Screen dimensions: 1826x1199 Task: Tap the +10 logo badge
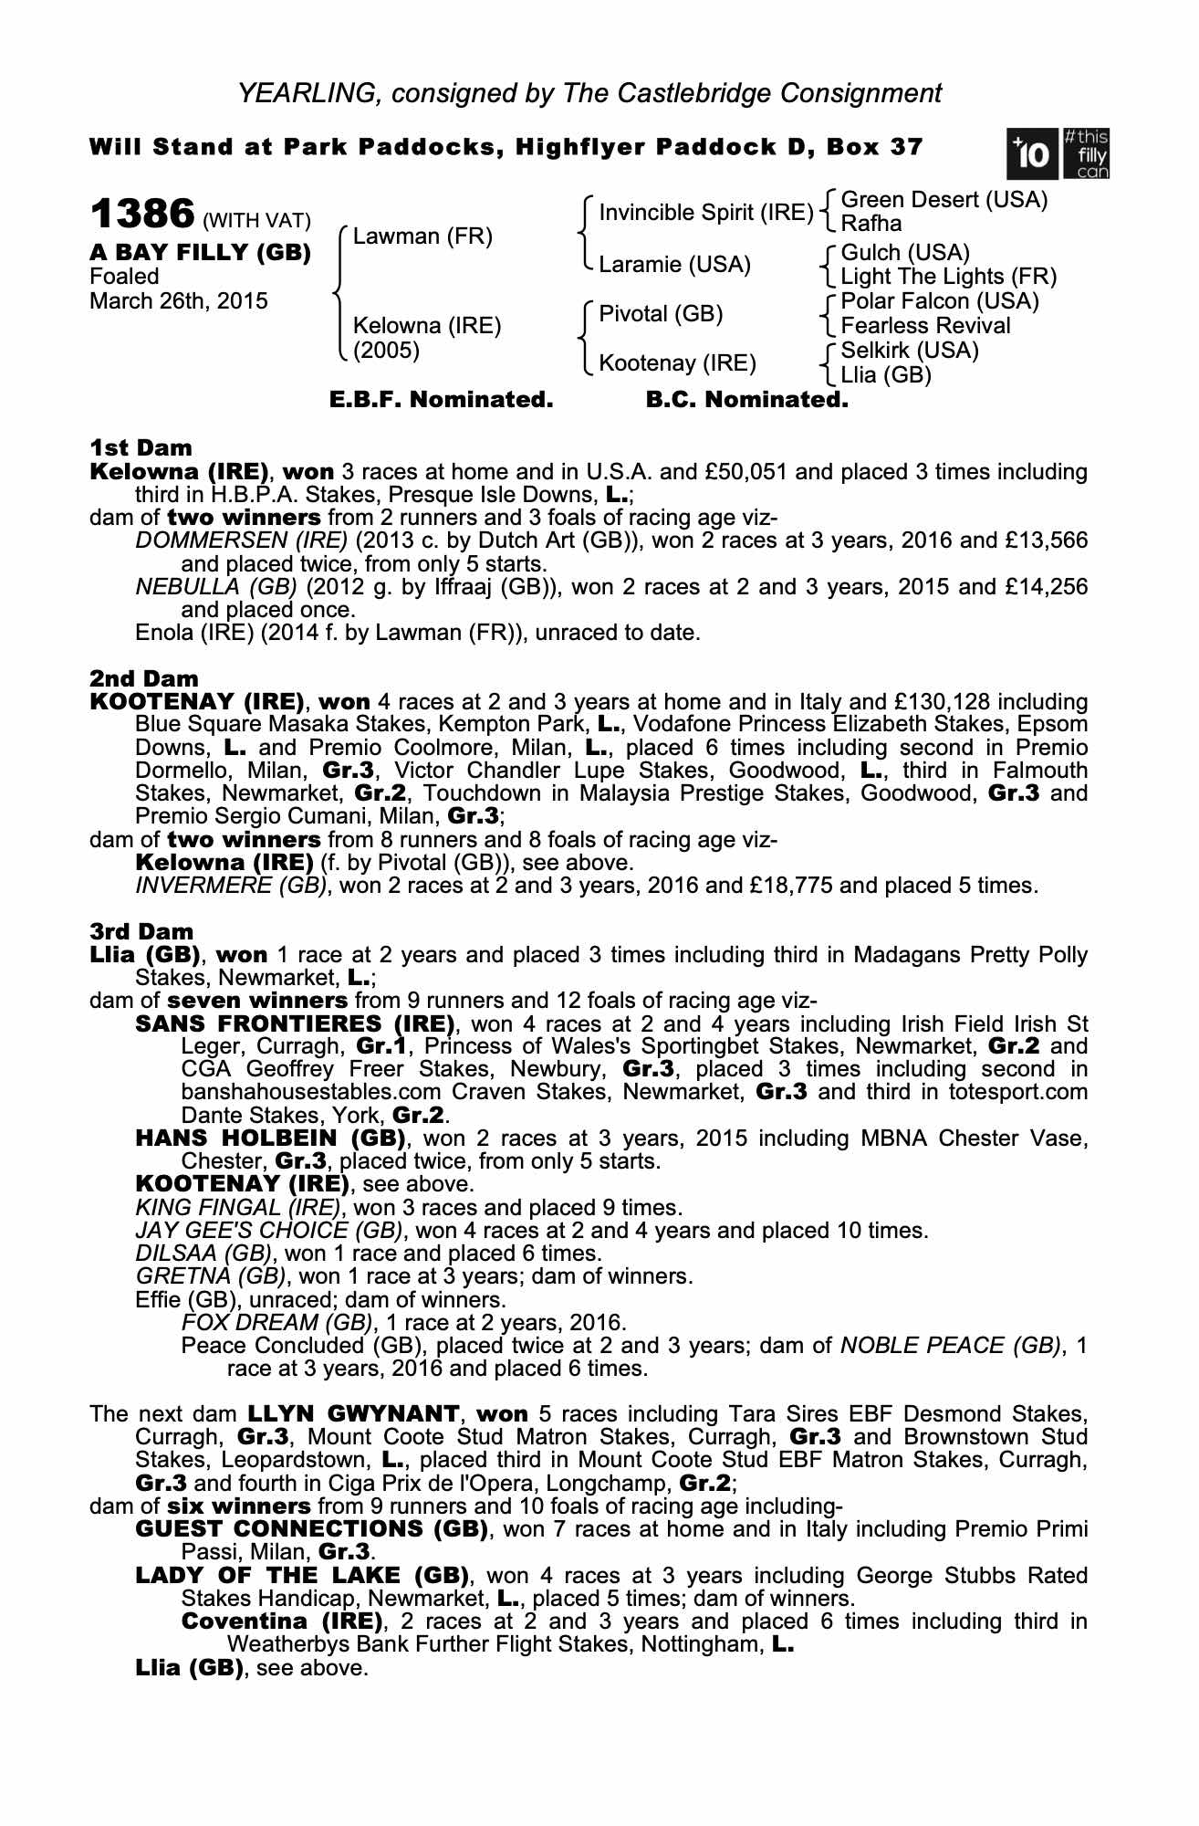tap(1032, 153)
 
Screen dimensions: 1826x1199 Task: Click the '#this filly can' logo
tap(1085, 153)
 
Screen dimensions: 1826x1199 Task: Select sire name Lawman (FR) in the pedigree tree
tap(422, 236)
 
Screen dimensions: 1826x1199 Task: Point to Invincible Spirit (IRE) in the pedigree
tap(705, 213)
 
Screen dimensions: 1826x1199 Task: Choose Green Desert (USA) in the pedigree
tap(944, 200)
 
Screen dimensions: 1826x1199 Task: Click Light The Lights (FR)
tap(948, 276)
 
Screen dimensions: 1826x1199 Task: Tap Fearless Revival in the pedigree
tap(925, 325)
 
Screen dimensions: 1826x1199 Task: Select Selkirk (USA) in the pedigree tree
tap(909, 350)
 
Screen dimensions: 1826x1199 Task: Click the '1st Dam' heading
tap(141, 447)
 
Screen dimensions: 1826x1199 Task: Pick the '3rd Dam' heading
tap(141, 931)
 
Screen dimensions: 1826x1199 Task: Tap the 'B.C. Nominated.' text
tap(746, 400)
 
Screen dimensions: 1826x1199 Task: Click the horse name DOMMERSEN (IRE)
tap(242, 540)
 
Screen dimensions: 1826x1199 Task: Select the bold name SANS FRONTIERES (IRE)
tap(295, 1023)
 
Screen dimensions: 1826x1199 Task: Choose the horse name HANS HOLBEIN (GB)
tap(270, 1139)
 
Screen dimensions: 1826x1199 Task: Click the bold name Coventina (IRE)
tap(282, 1621)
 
